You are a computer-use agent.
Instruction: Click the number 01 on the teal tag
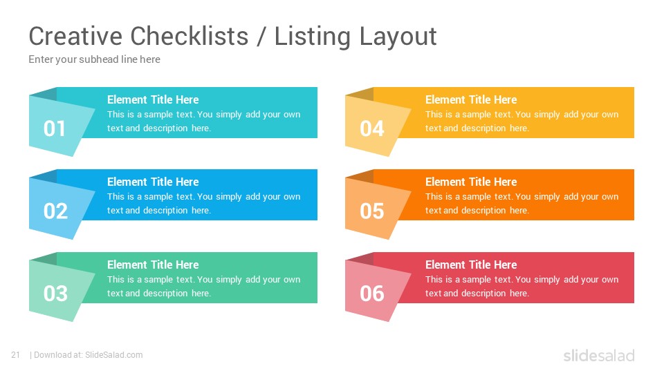pyautogui.click(x=54, y=128)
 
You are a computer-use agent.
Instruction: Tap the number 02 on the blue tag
pyautogui.click(x=55, y=211)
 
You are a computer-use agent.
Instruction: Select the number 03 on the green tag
pyautogui.click(x=55, y=294)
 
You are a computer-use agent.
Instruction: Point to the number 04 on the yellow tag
pyautogui.click(x=372, y=128)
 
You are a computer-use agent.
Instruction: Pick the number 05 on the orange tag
pyautogui.click(x=372, y=211)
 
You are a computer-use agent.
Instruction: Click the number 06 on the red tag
pyautogui.click(x=372, y=294)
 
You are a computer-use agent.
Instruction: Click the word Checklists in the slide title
pyautogui.click(x=190, y=36)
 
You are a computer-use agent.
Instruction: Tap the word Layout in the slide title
pyautogui.click(x=398, y=37)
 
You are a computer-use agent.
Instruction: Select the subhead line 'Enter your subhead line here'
pyautogui.click(x=95, y=59)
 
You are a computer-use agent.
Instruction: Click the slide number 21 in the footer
pyautogui.click(x=16, y=355)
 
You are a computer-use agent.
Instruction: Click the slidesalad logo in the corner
pyautogui.click(x=599, y=355)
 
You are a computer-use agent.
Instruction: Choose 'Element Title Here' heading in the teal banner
pyautogui.click(x=153, y=99)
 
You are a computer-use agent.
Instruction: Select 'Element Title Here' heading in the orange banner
pyautogui.click(x=471, y=182)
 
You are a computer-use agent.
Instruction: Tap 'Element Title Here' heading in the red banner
pyautogui.click(x=471, y=265)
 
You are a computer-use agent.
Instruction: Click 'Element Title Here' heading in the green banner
pyautogui.click(x=153, y=265)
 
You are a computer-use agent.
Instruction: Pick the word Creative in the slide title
pyautogui.click(x=75, y=36)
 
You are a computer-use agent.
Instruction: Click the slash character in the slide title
pyautogui.click(x=261, y=37)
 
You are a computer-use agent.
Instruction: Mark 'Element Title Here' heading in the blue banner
pyautogui.click(x=153, y=182)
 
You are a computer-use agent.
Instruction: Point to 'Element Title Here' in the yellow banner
pyautogui.click(x=471, y=99)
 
